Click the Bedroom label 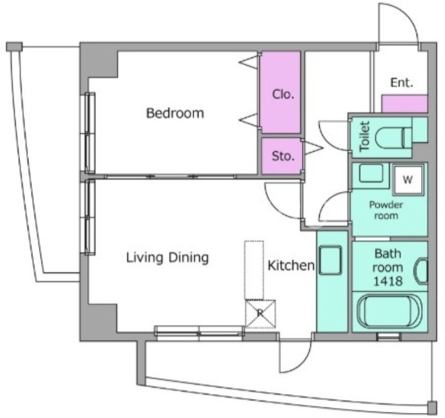pos(175,113)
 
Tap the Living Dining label pos(167,258)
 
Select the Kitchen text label pos(291,265)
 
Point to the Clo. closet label pos(283,94)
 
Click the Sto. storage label pos(283,156)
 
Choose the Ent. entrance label pos(402,82)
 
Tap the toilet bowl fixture pos(393,138)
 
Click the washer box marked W pos(408,179)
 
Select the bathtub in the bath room pos(389,312)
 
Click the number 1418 pos(388,281)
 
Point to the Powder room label pos(386,210)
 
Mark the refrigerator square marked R pos(260,313)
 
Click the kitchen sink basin pos(330,260)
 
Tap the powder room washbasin pos(370,173)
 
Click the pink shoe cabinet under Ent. pos(404,104)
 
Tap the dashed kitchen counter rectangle pos(254,270)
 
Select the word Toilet pos(365,136)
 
